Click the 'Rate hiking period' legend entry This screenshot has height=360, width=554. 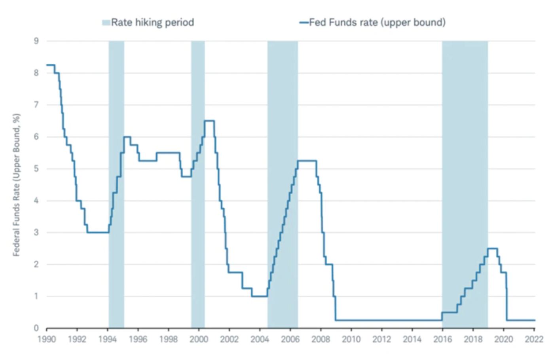[152, 23]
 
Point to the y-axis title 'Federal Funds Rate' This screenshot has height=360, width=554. [16, 185]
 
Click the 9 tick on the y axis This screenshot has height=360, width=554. [36, 41]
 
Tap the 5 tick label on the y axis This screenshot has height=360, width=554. [36, 169]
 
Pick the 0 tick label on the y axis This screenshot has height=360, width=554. [36, 328]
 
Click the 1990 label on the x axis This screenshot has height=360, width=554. [46, 339]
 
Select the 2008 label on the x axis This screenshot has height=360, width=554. [321, 339]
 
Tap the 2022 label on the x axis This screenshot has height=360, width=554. [534, 339]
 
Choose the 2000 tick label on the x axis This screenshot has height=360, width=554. [199, 339]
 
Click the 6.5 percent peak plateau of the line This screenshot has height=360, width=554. [209, 121]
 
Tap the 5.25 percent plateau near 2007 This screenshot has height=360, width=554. [307, 161]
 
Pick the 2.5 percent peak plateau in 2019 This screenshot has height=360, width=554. [492, 248]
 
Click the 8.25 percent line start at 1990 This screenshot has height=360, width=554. [50, 65]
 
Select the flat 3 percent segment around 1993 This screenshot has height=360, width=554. [97, 232]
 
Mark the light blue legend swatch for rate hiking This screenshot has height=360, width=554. [106, 23]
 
